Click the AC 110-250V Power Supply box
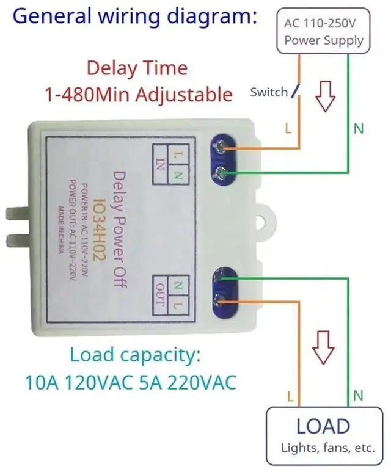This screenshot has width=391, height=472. coord(324,32)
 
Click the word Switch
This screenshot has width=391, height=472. coord(268,92)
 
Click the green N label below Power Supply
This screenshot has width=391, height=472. coord(359,128)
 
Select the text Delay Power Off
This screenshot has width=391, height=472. coord(119,230)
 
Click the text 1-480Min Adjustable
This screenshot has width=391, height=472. coord(138,95)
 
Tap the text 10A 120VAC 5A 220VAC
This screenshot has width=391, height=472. coord(131,382)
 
